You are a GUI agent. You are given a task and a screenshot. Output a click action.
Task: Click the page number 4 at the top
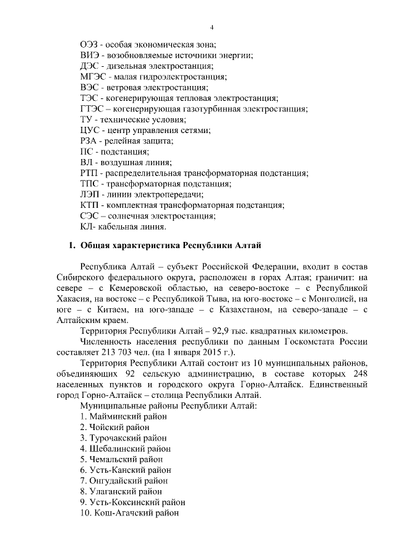point(212,28)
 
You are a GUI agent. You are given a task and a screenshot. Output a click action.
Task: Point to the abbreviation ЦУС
point(90,130)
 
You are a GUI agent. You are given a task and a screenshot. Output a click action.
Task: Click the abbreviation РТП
point(90,173)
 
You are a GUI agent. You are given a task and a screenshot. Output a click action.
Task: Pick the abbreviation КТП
point(90,205)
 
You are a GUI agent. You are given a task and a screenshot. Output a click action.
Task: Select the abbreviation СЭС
point(90,216)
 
